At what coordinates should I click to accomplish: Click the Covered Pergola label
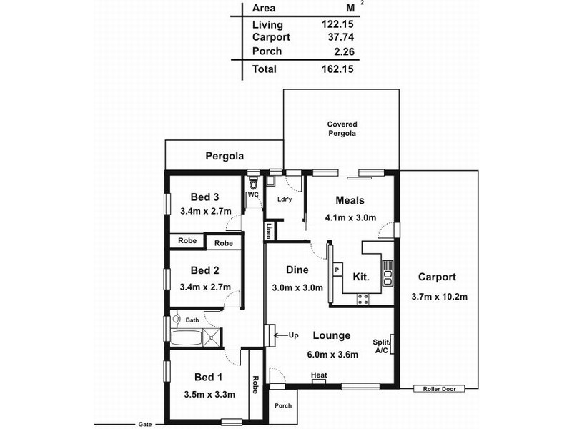click(x=342, y=129)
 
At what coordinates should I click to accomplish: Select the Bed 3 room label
click(x=204, y=197)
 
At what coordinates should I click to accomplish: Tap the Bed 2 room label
click(x=204, y=270)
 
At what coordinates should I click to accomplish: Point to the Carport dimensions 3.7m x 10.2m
click(x=440, y=297)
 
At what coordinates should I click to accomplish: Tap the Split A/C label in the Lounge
click(x=381, y=347)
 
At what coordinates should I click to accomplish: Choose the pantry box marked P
click(x=337, y=270)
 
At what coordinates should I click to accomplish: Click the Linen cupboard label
click(x=270, y=232)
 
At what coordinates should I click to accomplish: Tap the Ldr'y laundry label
click(x=285, y=199)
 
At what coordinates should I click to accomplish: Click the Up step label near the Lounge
click(x=293, y=335)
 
